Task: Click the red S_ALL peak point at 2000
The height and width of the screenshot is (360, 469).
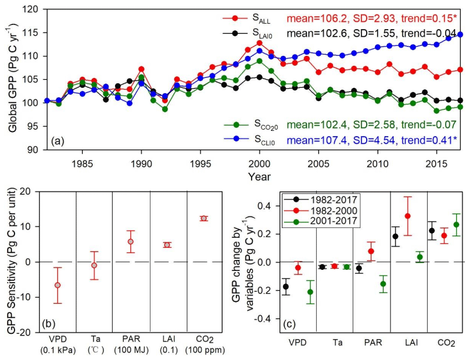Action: pyautogui.click(x=259, y=43)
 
